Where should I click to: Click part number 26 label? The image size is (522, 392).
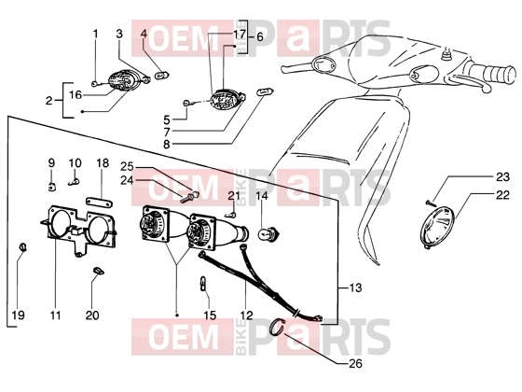click(355, 363)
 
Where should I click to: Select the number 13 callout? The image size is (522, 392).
click(355, 287)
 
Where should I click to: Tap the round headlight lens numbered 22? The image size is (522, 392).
click(437, 228)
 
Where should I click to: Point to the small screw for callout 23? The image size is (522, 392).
click(430, 202)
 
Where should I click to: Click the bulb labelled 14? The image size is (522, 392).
click(270, 232)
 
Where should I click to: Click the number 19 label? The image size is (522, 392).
click(19, 315)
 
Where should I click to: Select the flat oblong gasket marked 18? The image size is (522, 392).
click(99, 202)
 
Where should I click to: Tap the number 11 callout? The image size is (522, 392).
click(55, 315)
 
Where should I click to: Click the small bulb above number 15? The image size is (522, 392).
click(203, 285)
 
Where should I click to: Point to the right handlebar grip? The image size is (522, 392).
click(500, 74)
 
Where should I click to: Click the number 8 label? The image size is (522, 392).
click(167, 145)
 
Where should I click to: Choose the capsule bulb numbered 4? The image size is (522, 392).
click(163, 75)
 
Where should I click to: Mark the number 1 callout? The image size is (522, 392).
click(95, 34)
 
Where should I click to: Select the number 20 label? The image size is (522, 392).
click(92, 315)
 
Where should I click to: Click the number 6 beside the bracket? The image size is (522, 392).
click(260, 36)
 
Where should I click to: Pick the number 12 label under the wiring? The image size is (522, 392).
click(246, 315)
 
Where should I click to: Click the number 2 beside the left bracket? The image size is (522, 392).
click(48, 100)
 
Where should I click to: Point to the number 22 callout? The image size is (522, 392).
click(502, 195)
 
